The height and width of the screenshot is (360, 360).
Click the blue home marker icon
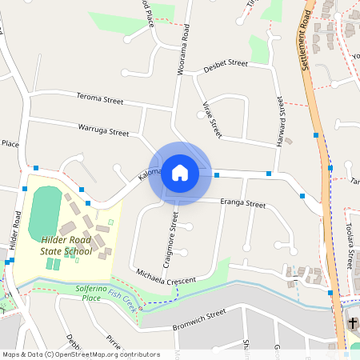[x=179, y=173]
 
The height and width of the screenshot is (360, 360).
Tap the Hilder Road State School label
[x=66, y=246]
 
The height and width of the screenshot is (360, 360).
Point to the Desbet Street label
[x=227, y=63]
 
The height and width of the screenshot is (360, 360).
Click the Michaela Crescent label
[x=166, y=275]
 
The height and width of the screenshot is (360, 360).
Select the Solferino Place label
[x=80, y=293]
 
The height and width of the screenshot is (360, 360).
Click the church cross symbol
[x=354, y=323]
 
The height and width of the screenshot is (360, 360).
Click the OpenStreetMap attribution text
[x=80, y=354]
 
